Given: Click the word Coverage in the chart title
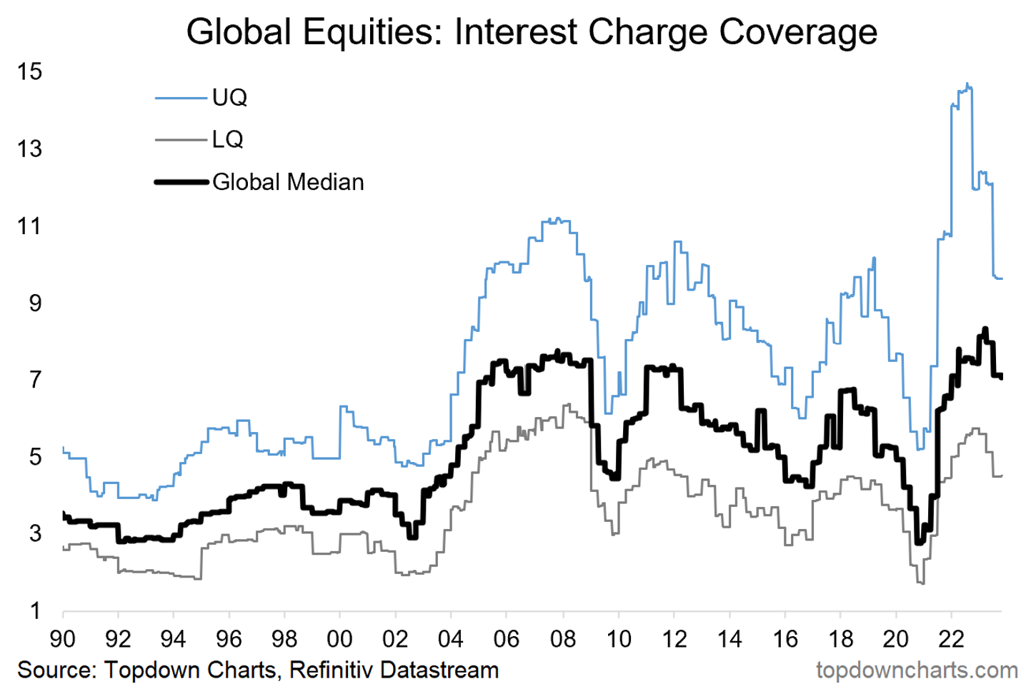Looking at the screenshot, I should pyautogui.click(x=798, y=32).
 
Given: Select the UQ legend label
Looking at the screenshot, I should pyautogui.click(x=229, y=98).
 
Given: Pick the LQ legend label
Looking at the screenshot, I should pyautogui.click(x=228, y=139).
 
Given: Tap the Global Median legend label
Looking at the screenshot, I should pyautogui.click(x=288, y=182).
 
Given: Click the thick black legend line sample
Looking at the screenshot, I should pyautogui.click(x=181, y=182).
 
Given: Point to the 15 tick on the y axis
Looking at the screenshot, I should pyautogui.click(x=31, y=71).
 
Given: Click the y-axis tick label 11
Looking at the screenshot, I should pyautogui.click(x=31, y=226).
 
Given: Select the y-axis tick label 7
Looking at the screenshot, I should pyautogui.click(x=36, y=380).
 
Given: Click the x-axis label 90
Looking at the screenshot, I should pyautogui.click(x=63, y=639).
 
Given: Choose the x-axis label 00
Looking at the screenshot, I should pyautogui.click(x=339, y=639).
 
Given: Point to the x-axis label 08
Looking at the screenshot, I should pyautogui.click(x=563, y=639).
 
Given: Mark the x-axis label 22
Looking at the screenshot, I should pyautogui.click(x=951, y=639).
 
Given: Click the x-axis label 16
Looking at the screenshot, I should pyautogui.click(x=785, y=639).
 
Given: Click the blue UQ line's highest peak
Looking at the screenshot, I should pyautogui.click(x=967, y=84).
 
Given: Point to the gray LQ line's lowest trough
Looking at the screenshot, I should pyautogui.click(x=922, y=583).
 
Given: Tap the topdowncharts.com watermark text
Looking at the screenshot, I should pyautogui.click(x=917, y=670).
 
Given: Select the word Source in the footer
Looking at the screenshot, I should pyautogui.click(x=56, y=670).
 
